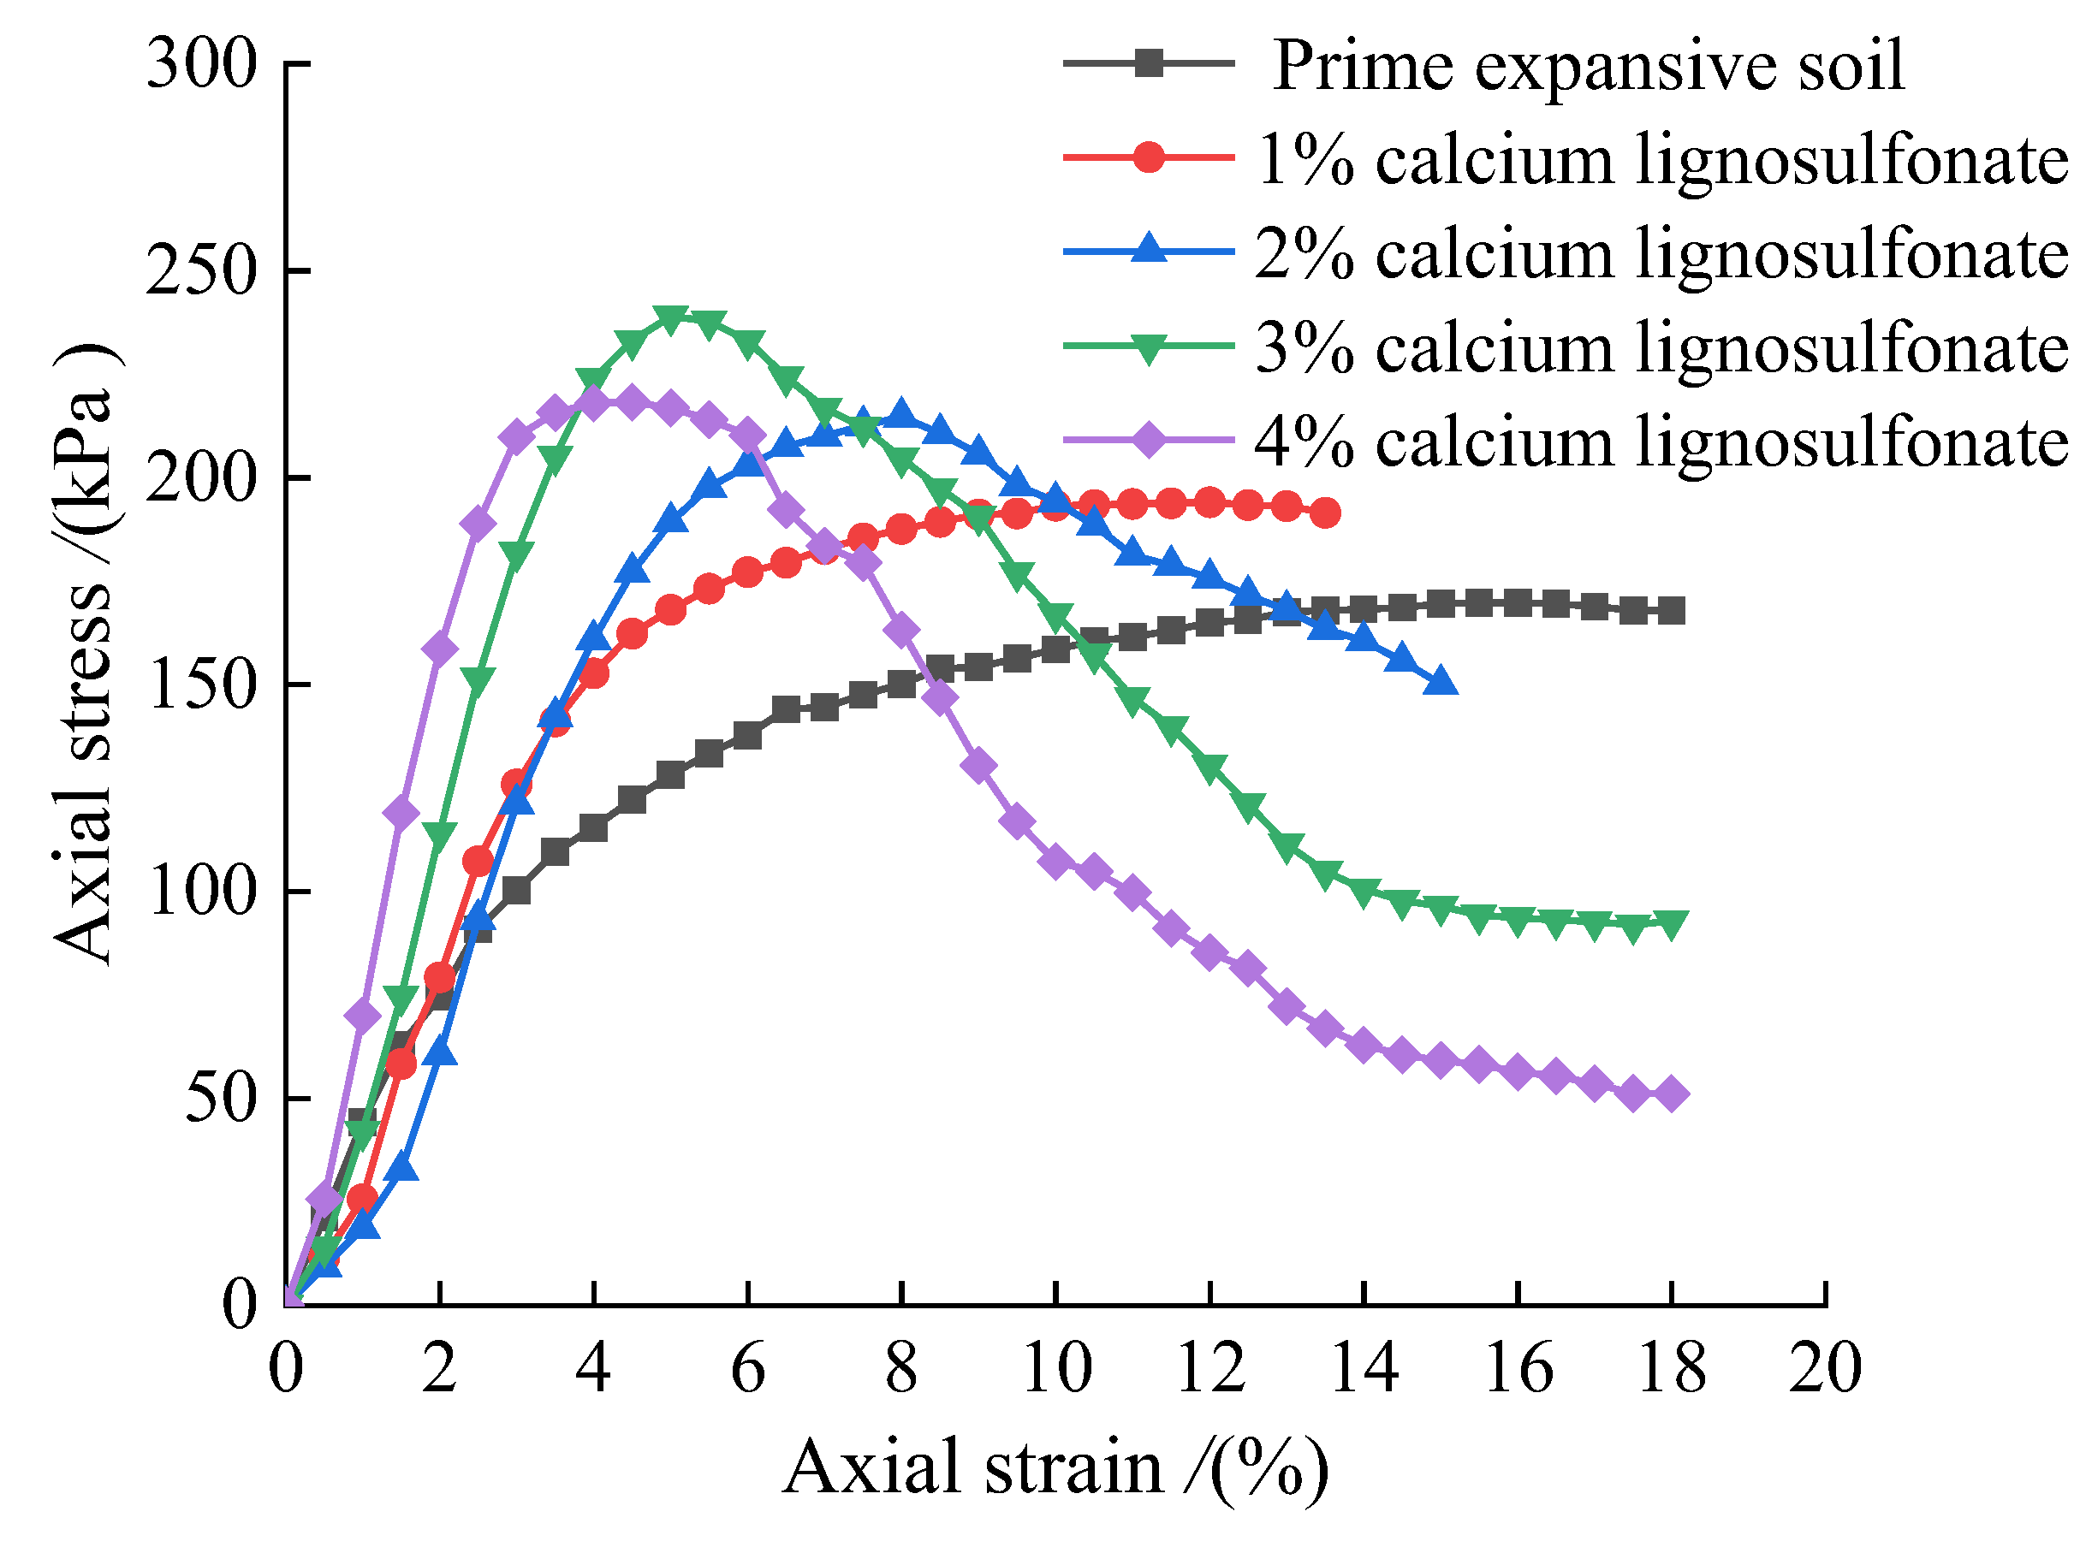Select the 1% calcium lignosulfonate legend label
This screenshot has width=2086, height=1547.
(1661, 159)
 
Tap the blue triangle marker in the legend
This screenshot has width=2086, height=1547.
(1149, 251)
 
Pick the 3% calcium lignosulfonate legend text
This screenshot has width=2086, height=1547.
(1661, 347)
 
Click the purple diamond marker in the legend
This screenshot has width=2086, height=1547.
(1149, 439)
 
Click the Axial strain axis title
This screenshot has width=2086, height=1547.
(1055, 1468)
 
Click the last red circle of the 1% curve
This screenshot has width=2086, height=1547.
(1324, 513)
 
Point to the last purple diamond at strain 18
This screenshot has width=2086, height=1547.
(1671, 1094)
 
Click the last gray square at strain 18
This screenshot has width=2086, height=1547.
(1671, 612)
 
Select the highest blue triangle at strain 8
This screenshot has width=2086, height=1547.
(901, 413)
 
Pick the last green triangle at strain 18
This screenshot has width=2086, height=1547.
(1671, 923)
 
